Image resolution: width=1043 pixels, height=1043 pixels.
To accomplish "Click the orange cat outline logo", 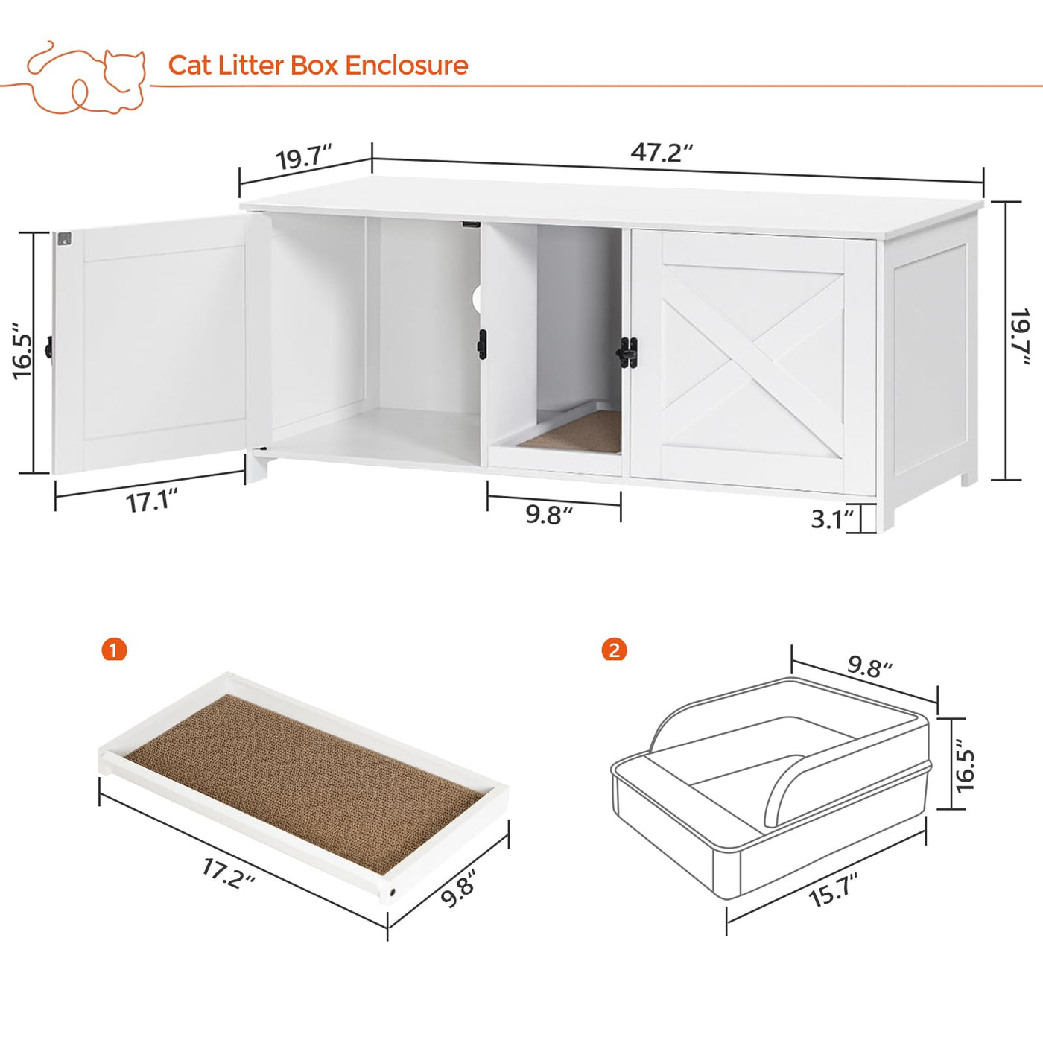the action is click(86, 78).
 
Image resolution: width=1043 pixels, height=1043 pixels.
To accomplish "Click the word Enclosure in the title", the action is click(407, 65).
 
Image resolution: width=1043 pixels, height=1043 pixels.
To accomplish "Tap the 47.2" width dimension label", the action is click(662, 152).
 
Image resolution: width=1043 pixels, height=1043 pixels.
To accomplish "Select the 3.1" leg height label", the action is click(831, 519).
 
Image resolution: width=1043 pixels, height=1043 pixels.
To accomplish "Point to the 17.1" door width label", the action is click(152, 501).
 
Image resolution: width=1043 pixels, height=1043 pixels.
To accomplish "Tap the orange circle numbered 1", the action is click(114, 650).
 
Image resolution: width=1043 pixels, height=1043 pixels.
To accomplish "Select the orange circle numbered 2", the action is click(615, 650).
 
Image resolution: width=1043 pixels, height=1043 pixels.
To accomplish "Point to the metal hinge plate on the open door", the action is click(64, 238).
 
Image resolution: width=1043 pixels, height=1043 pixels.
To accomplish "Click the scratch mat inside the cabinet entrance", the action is click(571, 431).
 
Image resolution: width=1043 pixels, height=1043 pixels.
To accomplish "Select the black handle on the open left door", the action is click(48, 347).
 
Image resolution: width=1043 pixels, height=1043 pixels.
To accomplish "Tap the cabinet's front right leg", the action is click(886, 513).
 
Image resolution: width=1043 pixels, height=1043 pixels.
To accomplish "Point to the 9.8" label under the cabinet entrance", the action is click(549, 514).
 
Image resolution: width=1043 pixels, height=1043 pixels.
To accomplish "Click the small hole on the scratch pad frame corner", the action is click(392, 892).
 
